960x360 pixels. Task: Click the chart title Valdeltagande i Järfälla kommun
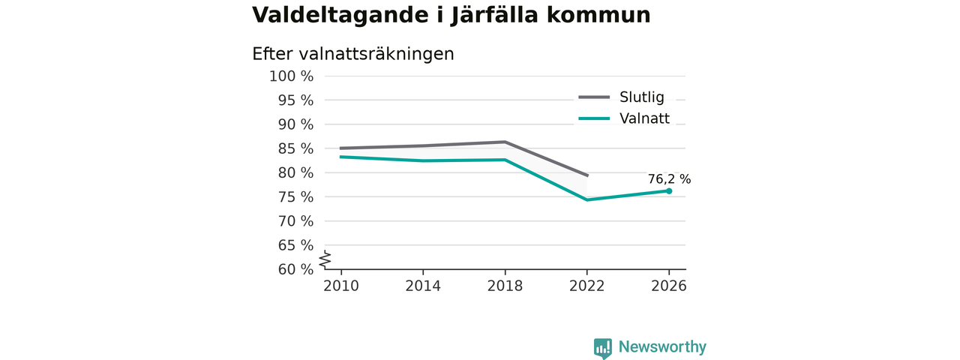(451, 16)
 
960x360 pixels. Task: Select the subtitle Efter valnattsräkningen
(353, 55)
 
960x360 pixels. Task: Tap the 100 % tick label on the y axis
(292, 76)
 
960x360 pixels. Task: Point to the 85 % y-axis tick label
(295, 148)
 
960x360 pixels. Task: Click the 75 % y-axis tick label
(295, 197)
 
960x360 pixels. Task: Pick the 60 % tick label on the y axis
(295, 269)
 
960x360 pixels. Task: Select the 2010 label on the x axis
(341, 286)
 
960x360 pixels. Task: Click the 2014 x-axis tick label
(423, 286)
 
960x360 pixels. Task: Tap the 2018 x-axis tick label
(505, 286)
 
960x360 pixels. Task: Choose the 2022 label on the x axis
(586, 286)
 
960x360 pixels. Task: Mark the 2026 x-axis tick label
(668, 286)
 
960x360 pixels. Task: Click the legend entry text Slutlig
(642, 97)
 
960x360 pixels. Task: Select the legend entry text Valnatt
(644, 118)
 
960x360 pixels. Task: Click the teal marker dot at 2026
(669, 191)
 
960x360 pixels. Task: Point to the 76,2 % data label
(669, 179)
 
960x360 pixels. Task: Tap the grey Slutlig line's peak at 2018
(505, 142)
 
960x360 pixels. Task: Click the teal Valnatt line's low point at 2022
(586, 199)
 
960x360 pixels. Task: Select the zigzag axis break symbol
(325, 259)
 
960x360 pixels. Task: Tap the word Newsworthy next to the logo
(662, 346)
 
